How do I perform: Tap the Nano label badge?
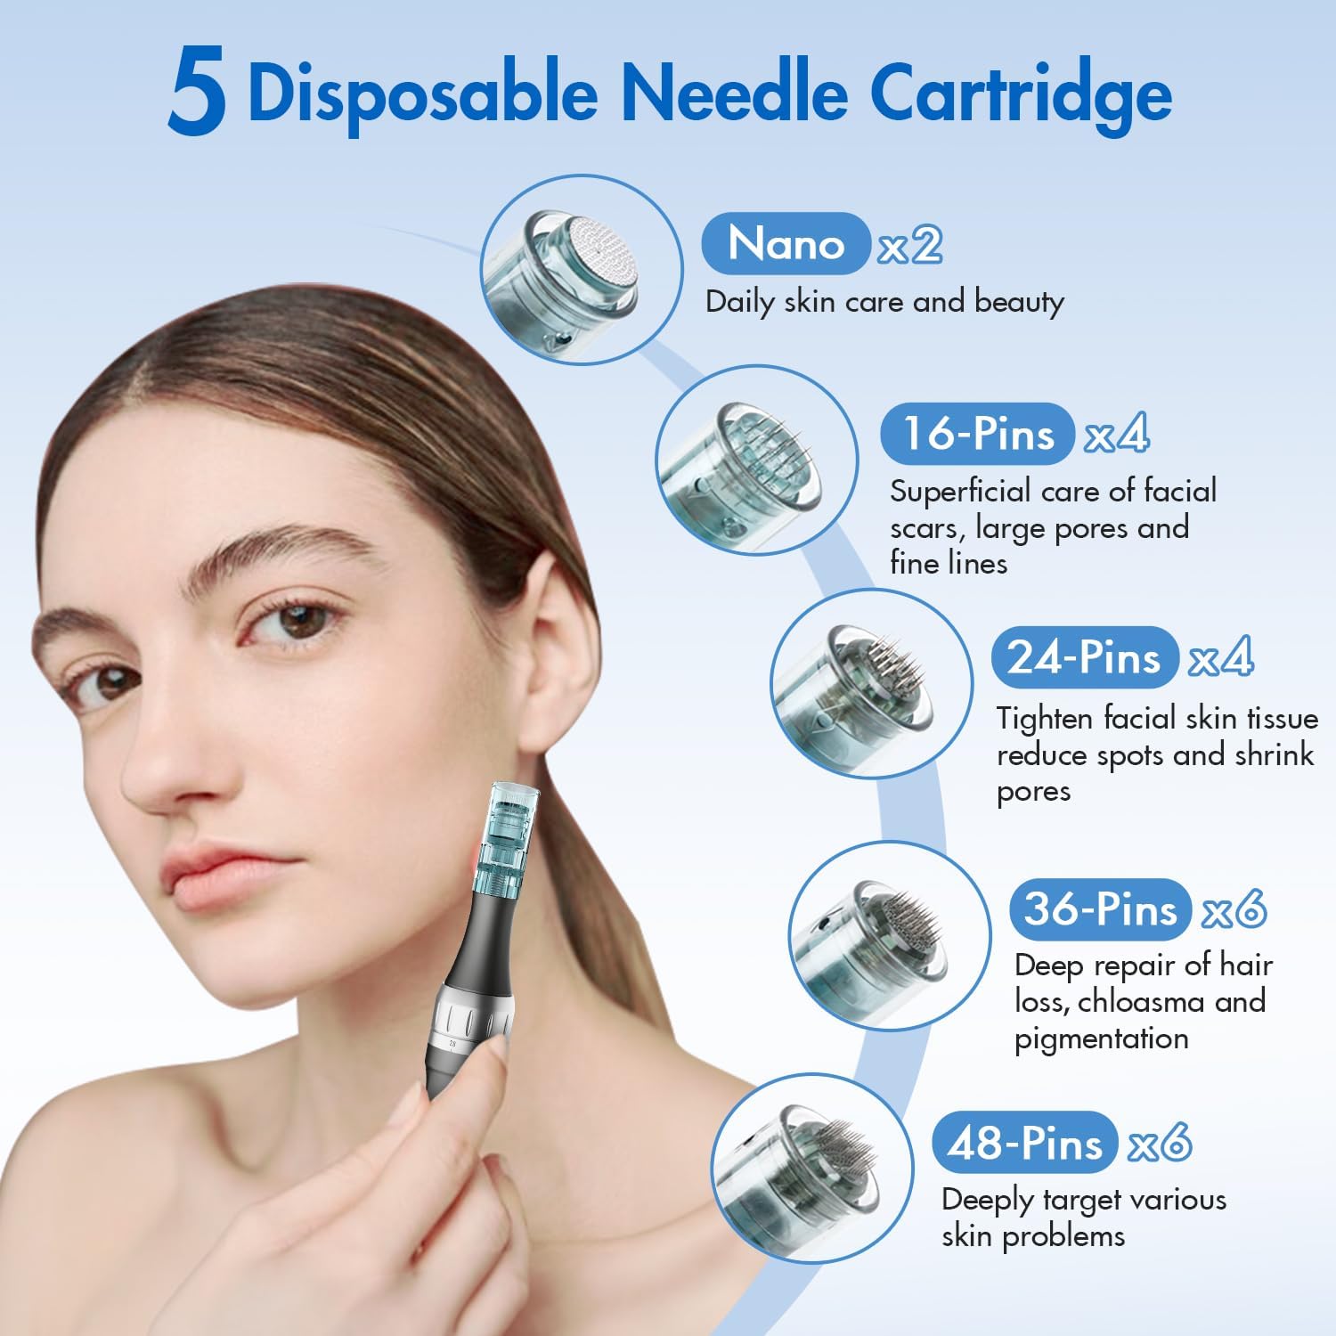coord(785,243)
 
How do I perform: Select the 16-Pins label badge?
coord(977,434)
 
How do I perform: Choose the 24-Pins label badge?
coord(1084,657)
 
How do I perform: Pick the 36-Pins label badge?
coord(1100,908)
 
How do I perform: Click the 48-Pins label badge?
coord(1024,1143)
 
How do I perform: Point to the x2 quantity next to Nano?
coord(909,245)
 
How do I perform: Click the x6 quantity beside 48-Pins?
coord(1159,1144)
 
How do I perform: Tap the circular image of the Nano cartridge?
coord(582,269)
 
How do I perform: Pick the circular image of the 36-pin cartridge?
coord(890,934)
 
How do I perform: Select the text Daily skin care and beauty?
coord(884,302)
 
